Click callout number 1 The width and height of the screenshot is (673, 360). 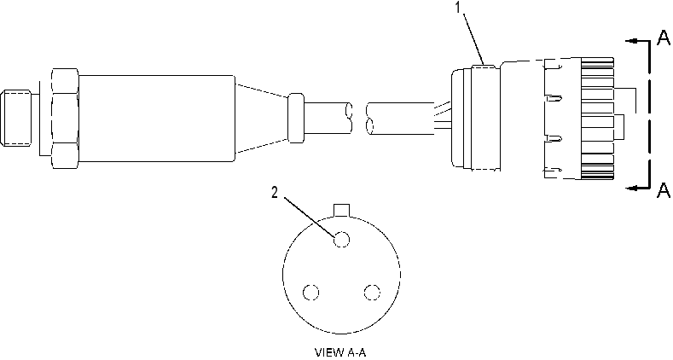459,8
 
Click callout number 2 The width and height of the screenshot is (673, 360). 275,193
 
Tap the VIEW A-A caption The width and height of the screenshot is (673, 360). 341,352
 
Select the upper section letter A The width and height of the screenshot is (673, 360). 664,38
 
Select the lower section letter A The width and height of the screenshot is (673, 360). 664,190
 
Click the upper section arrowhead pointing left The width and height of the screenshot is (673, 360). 630,41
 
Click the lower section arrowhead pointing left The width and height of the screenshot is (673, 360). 630,188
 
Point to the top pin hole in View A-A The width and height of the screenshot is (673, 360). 342,239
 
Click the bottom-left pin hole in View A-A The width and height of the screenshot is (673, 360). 310,293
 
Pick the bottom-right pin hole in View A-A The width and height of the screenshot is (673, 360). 372,293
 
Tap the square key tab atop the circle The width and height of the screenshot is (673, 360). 342,210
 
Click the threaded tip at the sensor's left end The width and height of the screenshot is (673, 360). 16,118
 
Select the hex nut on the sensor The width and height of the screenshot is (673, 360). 65,118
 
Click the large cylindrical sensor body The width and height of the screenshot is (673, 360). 157,119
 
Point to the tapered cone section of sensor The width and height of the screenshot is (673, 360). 262,119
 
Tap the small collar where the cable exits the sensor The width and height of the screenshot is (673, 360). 296,118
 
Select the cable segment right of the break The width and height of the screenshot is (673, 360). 400,119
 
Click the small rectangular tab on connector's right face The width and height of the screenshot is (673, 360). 620,127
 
